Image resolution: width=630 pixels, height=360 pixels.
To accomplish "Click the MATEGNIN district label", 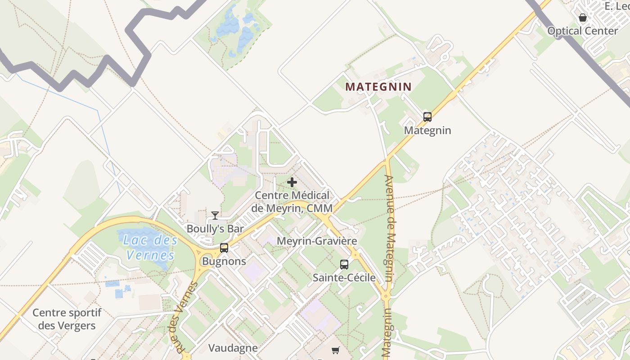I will coord(378,87).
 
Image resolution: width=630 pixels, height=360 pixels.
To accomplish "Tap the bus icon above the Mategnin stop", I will coord(427,117).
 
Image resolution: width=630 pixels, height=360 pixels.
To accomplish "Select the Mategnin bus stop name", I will coord(427,130).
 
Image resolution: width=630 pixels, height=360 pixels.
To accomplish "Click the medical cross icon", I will coord(292,182).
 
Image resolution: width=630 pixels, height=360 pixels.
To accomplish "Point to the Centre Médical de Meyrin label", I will coord(292,202).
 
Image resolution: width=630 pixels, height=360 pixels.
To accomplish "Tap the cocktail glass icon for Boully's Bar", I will coord(215,216).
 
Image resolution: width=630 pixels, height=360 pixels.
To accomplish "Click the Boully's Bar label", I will coord(215,229).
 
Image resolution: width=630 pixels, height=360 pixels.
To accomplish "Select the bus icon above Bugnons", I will coord(224,247).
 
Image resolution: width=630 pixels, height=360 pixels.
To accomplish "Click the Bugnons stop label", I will coord(224,261).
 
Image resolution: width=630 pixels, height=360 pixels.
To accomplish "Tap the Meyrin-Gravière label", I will coord(317,241).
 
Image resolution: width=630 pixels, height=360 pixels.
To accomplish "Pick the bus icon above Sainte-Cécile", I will coord(344,265).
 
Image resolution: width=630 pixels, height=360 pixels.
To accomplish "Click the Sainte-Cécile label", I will coord(344,278).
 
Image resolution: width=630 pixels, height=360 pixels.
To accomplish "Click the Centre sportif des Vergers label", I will coord(67,319).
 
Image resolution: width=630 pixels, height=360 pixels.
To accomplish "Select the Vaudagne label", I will coord(233,348).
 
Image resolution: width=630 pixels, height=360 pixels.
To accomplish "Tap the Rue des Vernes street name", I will coord(182,317).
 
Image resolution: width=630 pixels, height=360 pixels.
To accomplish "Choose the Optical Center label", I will coord(583,31).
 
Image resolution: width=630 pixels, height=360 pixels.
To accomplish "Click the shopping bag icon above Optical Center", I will coord(583,18).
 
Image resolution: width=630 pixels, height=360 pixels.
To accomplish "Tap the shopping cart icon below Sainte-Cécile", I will coord(335,350).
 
